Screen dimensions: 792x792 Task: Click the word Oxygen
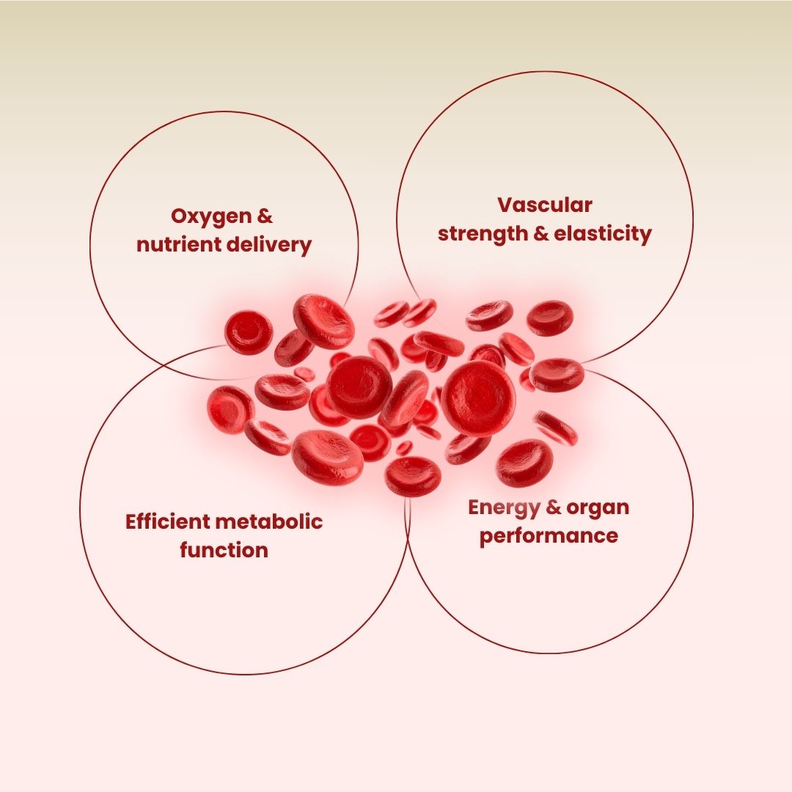[x=211, y=217]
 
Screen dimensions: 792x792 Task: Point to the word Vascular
[x=544, y=205]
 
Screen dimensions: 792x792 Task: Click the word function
[x=224, y=550]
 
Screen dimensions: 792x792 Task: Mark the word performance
[x=549, y=536]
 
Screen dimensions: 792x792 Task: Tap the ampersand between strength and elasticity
[x=541, y=234]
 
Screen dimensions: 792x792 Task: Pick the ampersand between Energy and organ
[x=553, y=507]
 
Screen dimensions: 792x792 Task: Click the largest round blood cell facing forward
[x=478, y=398]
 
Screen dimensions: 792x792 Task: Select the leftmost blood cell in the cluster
[x=230, y=410]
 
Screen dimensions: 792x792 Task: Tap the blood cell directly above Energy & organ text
[x=524, y=463]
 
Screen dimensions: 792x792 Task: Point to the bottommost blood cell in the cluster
[x=413, y=477]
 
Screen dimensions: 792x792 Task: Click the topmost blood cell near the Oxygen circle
[x=324, y=321]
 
